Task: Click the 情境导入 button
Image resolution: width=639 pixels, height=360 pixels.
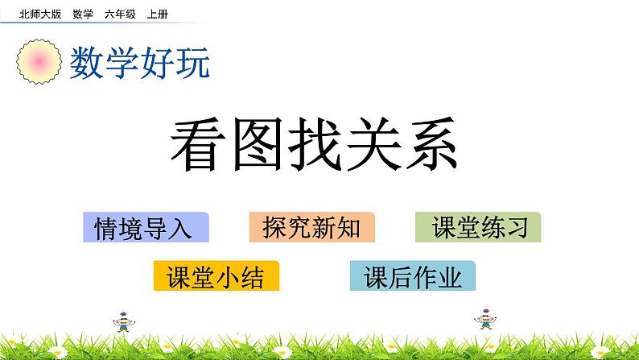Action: [146, 228]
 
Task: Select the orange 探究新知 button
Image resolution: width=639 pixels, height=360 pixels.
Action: [312, 228]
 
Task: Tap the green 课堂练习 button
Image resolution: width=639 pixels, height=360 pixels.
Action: [479, 228]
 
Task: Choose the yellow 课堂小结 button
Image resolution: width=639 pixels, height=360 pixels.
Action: [216, 276]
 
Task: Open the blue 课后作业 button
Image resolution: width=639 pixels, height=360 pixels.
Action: [413, 276]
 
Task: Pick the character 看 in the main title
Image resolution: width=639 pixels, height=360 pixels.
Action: [199, 146]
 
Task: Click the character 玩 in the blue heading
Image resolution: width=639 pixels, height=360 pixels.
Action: [193, 62]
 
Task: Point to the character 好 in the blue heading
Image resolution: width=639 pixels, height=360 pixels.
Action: [158, 62]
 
